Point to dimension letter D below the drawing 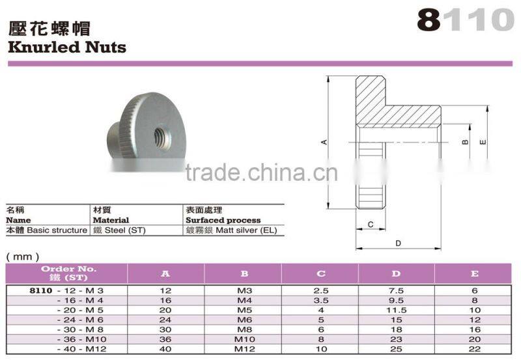[x=398, y=243]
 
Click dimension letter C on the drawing [x=369, y=225]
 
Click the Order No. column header [x=68, y=273]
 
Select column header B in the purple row [x=244, y=273]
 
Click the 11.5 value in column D [x=396, y=311]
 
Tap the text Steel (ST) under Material [x=124, y=230]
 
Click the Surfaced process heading [x=223, y=220]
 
